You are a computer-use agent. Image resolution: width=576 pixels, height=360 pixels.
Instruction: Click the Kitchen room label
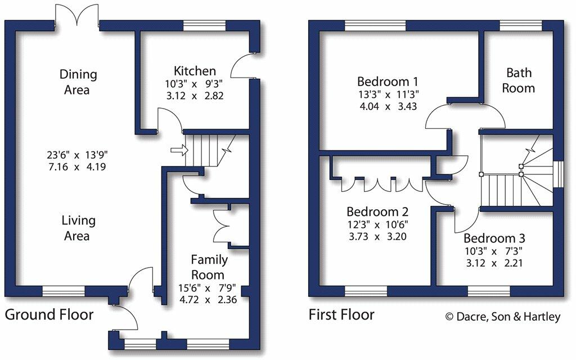click(195, 71)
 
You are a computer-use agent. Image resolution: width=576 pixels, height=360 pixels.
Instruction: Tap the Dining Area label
click(78, 82)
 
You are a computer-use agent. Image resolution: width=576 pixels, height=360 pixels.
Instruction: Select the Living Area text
click(78, 228)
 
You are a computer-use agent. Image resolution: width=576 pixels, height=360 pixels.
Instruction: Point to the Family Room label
click(209, 267)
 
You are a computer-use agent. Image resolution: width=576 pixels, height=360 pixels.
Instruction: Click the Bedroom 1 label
click(387, 80)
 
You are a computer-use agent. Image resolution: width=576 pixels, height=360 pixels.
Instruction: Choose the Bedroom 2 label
click(377, 212)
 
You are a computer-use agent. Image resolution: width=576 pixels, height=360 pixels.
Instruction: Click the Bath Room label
click(518, 80)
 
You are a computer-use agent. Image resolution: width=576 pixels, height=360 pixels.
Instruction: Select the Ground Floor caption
click(49, 314)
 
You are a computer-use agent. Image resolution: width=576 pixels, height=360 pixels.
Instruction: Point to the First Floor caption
click(341, 314)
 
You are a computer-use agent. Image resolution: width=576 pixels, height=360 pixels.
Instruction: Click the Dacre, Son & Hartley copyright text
click(503, 317)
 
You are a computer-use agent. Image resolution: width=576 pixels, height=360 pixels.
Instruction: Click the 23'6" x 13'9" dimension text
click(78, 154)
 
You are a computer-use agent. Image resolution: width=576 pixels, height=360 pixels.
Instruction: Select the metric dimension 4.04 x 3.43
click(387, 106)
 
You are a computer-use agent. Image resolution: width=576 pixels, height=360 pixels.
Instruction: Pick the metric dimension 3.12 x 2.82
click(195, 96)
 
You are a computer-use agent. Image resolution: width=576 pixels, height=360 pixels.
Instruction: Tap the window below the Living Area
click(64, 290)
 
